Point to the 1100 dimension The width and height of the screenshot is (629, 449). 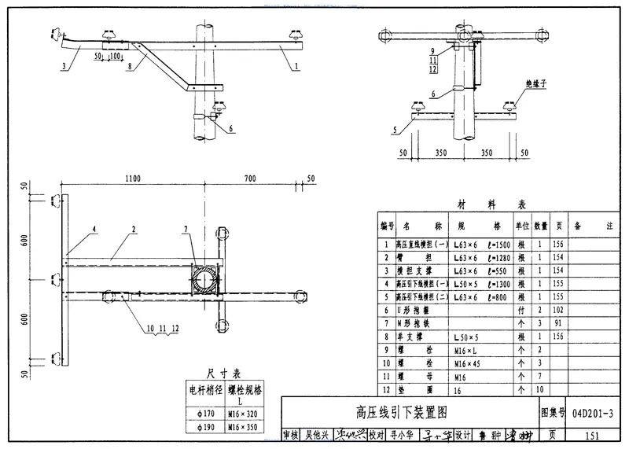[132, 180]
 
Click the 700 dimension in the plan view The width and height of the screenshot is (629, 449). [249, 180]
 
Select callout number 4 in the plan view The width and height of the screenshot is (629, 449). [94, 230]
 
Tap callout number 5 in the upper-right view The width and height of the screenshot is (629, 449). [393, 128]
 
